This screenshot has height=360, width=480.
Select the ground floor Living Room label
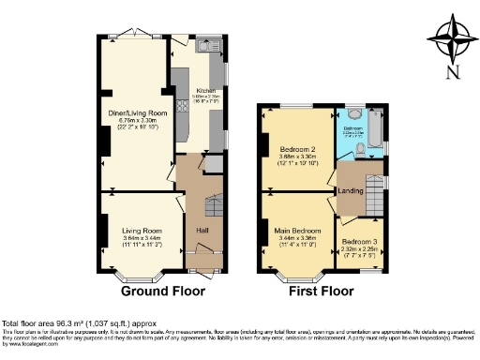[x=141, y=230]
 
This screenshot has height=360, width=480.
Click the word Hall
[x=202, y=231]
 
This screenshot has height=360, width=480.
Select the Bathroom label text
[x=353, y=128]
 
